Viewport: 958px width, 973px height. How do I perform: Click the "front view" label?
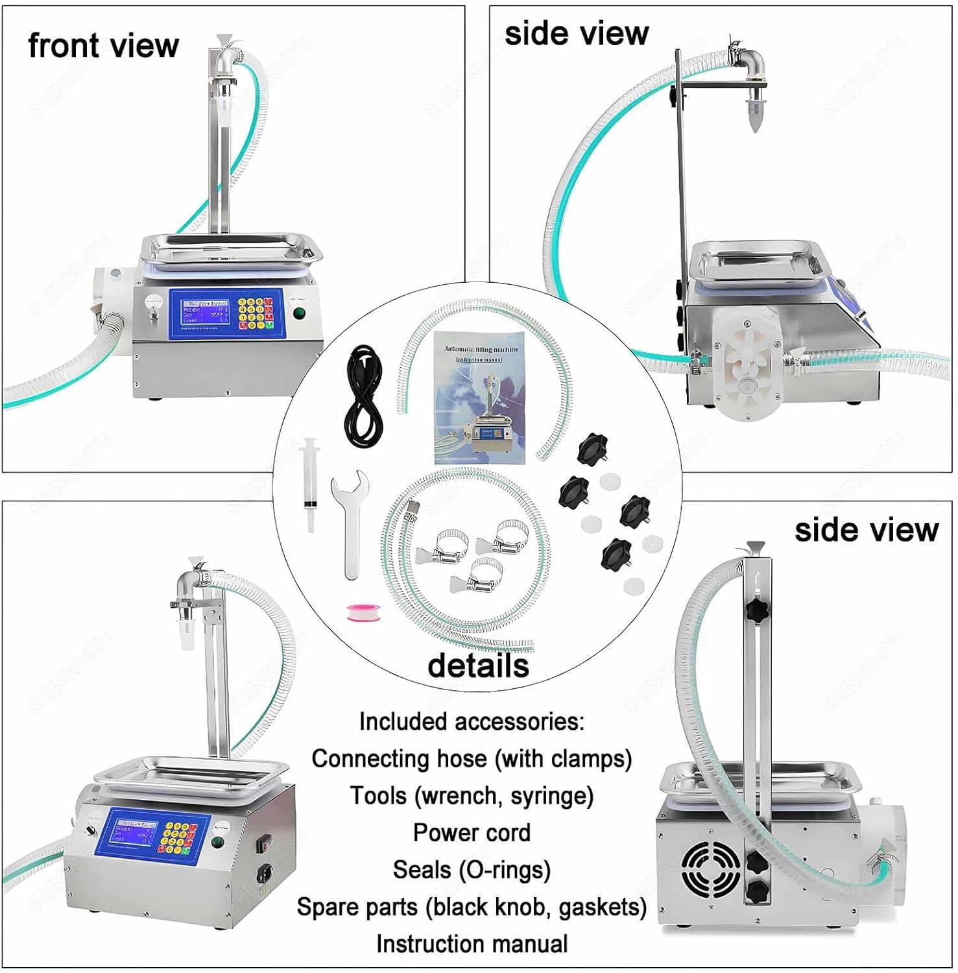point(103,46)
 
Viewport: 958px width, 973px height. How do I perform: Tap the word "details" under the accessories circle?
point(478,666)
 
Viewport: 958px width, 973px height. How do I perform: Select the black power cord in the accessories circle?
point(364,396)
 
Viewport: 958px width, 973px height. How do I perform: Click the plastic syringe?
point(310,483)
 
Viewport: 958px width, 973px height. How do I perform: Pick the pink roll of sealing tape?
point(363,612)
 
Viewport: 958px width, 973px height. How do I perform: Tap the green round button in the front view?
point(299,313)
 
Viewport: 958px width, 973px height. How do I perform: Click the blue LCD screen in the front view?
point(206,312)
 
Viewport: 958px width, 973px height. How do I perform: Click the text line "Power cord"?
point(472,833)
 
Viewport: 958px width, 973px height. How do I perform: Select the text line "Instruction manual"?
point(472,944)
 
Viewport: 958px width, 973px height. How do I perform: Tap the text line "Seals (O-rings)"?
point(472,870)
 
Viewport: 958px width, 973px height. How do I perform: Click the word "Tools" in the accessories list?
point(378,796)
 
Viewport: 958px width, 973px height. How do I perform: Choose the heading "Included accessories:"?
point(472,721)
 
